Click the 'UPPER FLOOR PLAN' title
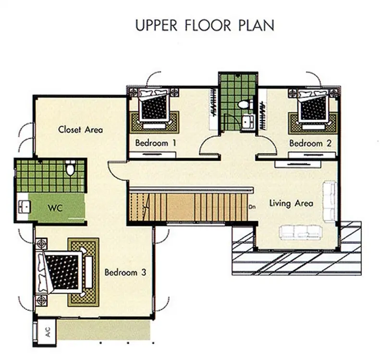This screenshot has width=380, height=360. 205,25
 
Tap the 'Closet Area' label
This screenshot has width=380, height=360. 80,130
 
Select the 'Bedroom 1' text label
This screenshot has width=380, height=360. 156,143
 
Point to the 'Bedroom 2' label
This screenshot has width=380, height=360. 310,143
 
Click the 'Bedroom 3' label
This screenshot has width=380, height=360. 125,272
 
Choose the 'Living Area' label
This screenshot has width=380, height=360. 291,204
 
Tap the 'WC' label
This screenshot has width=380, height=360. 55,208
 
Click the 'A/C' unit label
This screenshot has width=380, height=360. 48,332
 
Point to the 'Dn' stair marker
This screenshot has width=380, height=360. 252,207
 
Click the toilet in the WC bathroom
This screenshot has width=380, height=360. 70,168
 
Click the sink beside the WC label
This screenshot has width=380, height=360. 24,207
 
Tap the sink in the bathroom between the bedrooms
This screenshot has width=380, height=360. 248,121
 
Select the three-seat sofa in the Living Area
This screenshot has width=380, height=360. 301,232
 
